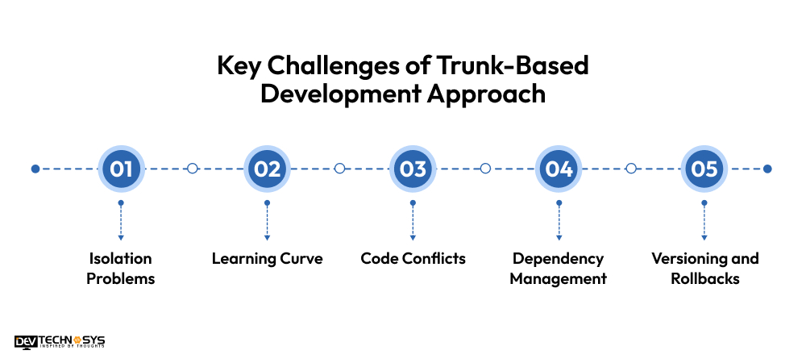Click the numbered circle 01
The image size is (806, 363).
click(x=121, y=169)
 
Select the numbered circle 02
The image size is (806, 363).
click(x=267, y=169)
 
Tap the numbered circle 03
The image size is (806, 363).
click(x=413, y=169)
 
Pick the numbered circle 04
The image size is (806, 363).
click(x=559, y=169)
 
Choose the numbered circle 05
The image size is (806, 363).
click(x=704, y=169)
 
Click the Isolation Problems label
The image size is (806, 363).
click(x=121, y=269)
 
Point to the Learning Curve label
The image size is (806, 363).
click(x=267, y=259)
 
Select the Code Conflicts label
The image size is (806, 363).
click(x=413, y=259)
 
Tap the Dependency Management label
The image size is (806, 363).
click(x=559, y=269)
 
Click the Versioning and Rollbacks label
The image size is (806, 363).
click(x=704, y=269)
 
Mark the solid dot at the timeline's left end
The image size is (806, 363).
click(x=35, y=169)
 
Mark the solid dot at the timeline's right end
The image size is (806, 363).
click(x=767, y=169)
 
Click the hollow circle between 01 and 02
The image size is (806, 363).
click(x=192, y=169)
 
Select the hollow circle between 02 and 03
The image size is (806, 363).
click(x=339, y=169)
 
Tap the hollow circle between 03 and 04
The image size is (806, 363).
click(x=485, y=169)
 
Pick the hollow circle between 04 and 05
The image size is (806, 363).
click(x=631, y=169)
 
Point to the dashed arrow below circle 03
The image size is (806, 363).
click(x=413, y=220)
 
